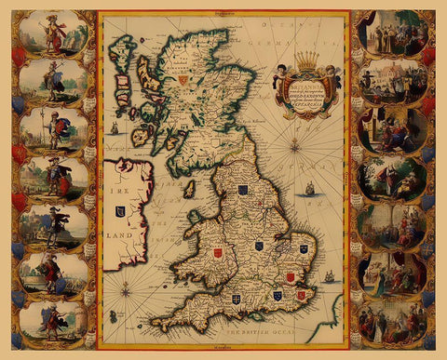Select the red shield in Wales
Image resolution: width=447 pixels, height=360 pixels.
pos(218,252)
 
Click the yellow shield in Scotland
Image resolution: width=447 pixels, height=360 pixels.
pos(183,81)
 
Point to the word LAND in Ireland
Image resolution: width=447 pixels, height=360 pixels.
pos(122,235)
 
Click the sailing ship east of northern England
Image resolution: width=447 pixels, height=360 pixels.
pos(309,190)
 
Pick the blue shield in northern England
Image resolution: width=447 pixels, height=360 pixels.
pos(243,190)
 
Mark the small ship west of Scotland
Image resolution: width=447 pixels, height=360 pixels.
pos(114,127)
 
